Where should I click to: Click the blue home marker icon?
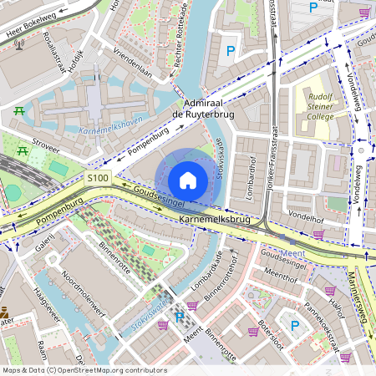coord(188,180)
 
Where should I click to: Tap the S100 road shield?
coord(98,178)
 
